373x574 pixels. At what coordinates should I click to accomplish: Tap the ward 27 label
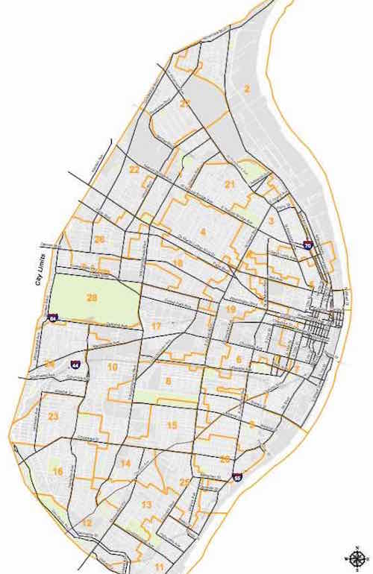184,104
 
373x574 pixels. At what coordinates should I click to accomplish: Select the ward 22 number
134,170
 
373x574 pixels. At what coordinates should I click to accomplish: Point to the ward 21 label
230,183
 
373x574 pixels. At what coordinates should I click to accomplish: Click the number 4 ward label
202,233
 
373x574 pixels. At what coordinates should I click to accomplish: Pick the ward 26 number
99,239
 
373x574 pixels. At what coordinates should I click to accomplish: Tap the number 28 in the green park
93,297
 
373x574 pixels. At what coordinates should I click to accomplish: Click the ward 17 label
156,327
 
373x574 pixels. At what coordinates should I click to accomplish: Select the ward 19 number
231,309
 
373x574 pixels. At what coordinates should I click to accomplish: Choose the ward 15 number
172,425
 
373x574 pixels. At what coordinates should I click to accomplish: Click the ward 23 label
53,416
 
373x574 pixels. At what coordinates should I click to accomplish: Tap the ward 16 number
57,471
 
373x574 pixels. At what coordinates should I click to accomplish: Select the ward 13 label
146,505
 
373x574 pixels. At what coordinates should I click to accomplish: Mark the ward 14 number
125,464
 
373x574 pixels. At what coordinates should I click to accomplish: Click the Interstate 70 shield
307,244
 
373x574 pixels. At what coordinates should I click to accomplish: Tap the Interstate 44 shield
75,365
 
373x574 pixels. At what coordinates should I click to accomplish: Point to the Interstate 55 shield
236,476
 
